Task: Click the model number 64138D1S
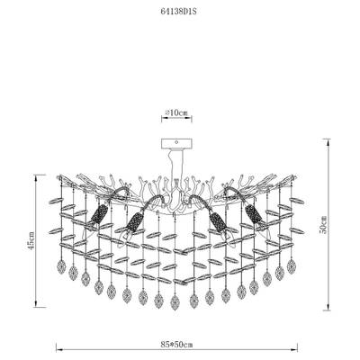180,12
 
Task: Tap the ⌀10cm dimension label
176,112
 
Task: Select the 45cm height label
31,240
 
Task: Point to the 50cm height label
323,224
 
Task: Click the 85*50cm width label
177,344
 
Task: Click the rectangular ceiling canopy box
176,143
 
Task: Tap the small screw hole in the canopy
176,143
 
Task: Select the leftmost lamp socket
99,213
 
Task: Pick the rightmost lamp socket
254,213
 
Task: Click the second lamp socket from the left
134,222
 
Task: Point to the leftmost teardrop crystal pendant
61,266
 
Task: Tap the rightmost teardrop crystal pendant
291,266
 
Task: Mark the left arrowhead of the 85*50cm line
58,350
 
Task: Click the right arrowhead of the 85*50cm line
295,350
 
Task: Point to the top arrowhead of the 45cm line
36,177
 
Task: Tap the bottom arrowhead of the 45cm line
36,304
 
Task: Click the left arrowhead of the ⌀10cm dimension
164,120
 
